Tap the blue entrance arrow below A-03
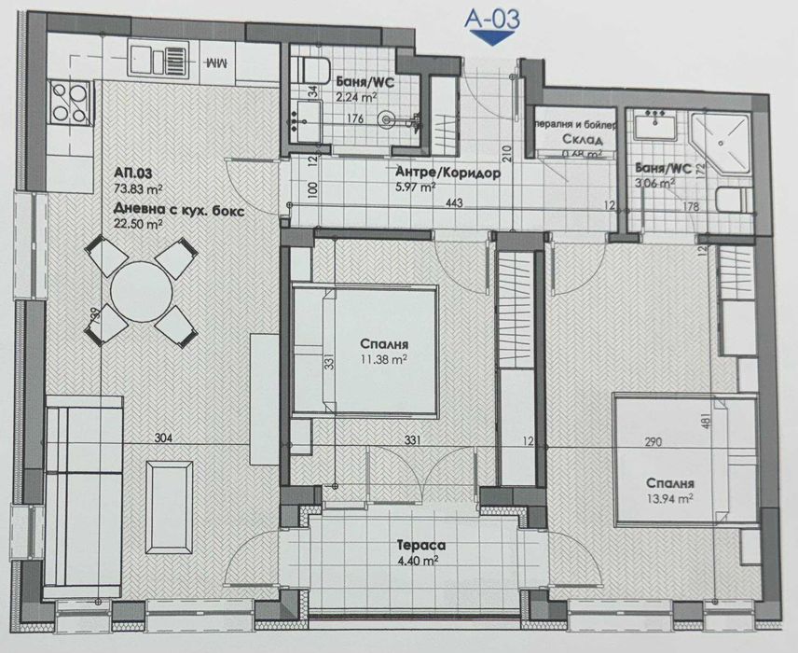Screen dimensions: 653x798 coord(490,36)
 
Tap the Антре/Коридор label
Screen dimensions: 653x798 coord(448,174)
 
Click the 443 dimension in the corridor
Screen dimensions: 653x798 coord(456,203)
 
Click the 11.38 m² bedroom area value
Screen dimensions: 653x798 coord(384,357)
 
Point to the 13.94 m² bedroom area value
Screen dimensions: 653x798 coord(671,500)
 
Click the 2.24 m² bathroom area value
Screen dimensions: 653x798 coord(356,93)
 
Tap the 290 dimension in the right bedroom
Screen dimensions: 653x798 coord(659,442)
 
